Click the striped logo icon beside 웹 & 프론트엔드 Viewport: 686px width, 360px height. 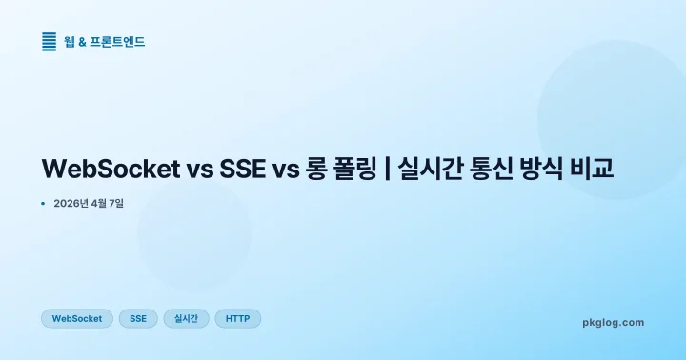50,41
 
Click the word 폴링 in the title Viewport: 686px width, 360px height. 358,170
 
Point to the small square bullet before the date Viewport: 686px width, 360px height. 44,203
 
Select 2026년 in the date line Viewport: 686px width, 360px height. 72,203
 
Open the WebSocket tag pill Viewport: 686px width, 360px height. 77,319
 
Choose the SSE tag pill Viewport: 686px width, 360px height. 138,319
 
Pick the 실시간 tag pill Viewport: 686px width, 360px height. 186,319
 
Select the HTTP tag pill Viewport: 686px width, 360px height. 237,319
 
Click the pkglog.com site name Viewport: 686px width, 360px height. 613,323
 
